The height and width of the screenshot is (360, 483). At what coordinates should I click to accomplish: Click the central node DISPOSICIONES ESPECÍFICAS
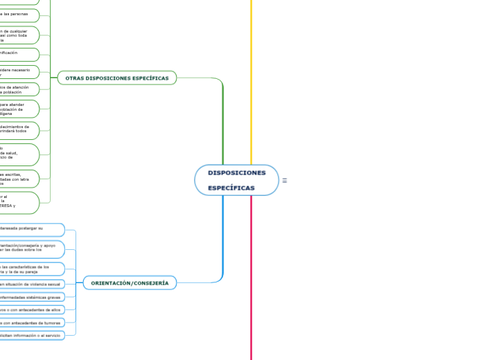point(236,180)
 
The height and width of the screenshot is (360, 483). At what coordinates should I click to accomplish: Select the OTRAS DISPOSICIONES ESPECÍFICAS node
point(117,78)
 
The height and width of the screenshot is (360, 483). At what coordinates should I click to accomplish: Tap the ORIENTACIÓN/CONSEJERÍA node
point(130,283)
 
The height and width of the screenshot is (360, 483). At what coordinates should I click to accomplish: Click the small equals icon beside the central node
point(284,181)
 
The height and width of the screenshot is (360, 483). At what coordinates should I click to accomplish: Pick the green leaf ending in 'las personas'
point(19,15)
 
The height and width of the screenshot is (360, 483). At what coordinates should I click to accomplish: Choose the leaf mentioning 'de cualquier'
point(19,36)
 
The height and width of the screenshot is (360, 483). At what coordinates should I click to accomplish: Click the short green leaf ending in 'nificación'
point(19,53)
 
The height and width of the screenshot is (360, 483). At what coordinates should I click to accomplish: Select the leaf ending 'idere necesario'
point(19,71)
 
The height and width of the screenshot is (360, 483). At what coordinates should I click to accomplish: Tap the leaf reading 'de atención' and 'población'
point(19,89)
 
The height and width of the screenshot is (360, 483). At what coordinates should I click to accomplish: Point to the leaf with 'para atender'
point(19,109)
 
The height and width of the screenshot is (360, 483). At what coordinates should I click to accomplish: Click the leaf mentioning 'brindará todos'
point(19,130)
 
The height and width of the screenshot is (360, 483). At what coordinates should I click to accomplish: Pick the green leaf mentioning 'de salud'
point(19,154)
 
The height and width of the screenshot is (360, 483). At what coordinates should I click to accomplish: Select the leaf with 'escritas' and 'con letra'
point(19,179)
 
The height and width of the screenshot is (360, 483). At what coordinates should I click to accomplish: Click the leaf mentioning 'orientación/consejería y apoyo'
point(31,249)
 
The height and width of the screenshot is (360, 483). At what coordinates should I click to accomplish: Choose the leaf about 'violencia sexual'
point(31,284)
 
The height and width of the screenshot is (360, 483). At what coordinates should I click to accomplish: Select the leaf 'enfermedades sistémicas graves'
point(31,297)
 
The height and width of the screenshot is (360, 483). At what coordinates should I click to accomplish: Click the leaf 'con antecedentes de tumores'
point(31,323)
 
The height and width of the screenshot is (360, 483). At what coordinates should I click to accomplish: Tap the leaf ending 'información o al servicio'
point(31,335)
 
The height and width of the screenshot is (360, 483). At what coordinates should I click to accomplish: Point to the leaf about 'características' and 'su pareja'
point(31,269)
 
